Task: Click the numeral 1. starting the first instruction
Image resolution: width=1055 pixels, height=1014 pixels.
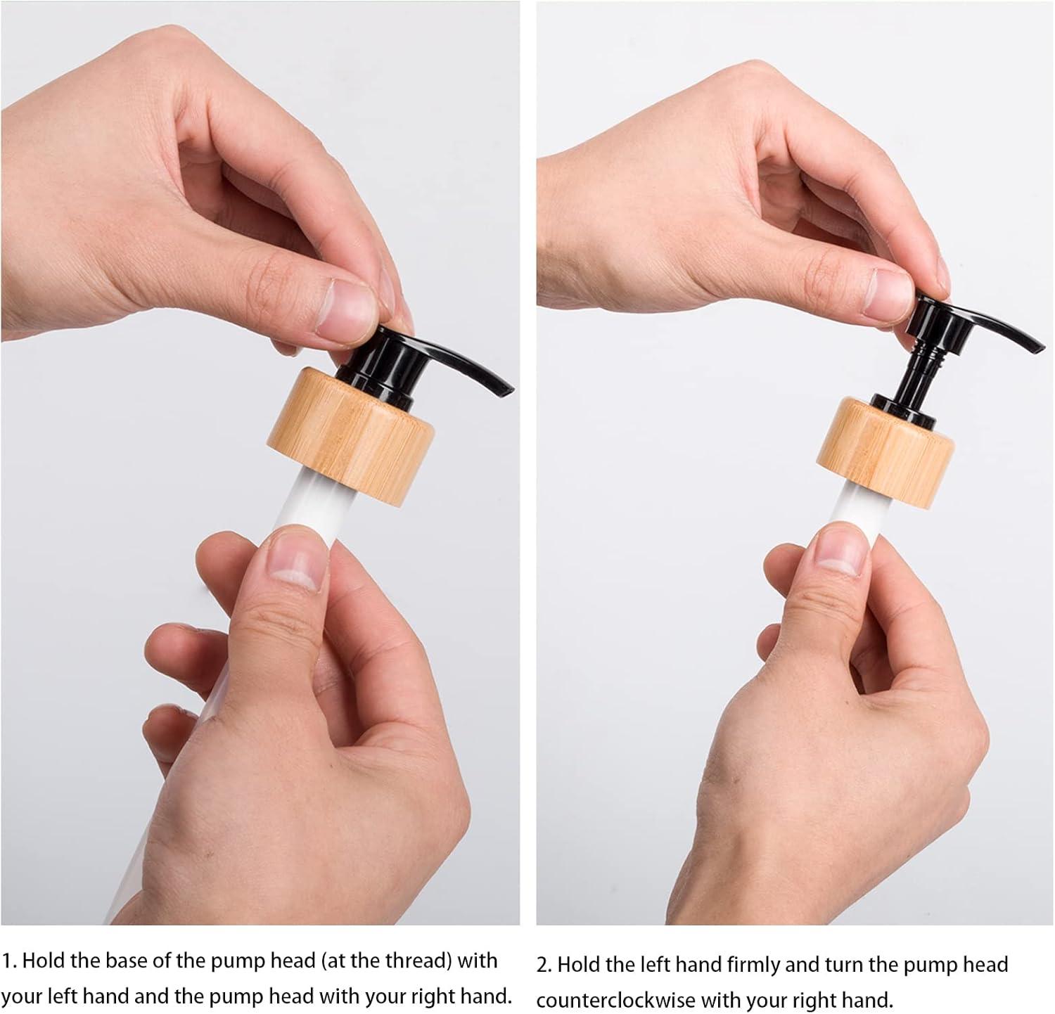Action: click(9, 961)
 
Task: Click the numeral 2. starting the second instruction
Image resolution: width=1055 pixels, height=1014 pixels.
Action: click(545, 964)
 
